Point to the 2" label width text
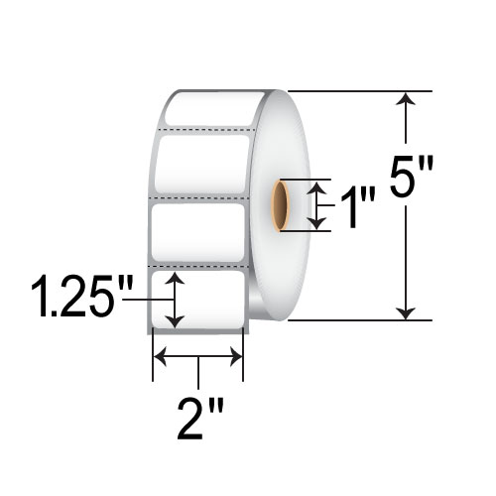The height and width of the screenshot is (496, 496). [198, 418]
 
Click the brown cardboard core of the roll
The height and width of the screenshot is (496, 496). [283, 205]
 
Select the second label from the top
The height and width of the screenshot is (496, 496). [201, 163]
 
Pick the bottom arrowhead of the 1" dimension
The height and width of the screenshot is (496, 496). [316, 223]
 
